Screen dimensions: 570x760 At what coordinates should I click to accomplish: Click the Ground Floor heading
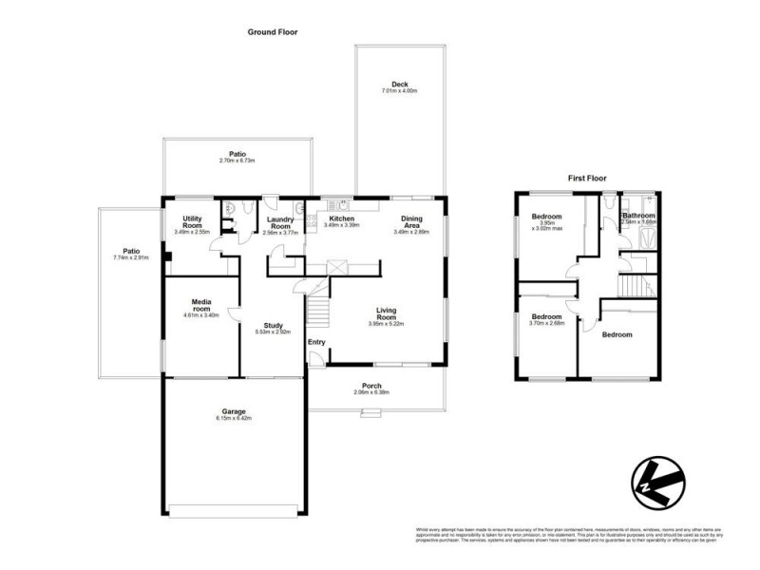click(x=273, y=31)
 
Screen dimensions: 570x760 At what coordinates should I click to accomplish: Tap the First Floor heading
click(x=586, y=178)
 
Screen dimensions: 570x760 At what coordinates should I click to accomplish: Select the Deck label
click(x=399, y=85)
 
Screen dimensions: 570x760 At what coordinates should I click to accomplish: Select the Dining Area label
click(x=412, y=222)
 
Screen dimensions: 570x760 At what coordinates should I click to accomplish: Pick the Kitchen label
click(x=342, y=218)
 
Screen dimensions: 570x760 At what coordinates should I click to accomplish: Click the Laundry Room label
click(x=280, y=222)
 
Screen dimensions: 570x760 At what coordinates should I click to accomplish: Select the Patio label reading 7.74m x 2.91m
click(x=131, y=254)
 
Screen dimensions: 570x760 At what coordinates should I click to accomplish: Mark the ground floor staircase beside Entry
click(x=319, y=310)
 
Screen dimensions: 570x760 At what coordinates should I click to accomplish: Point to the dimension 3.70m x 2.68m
click(x=547, y=323)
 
